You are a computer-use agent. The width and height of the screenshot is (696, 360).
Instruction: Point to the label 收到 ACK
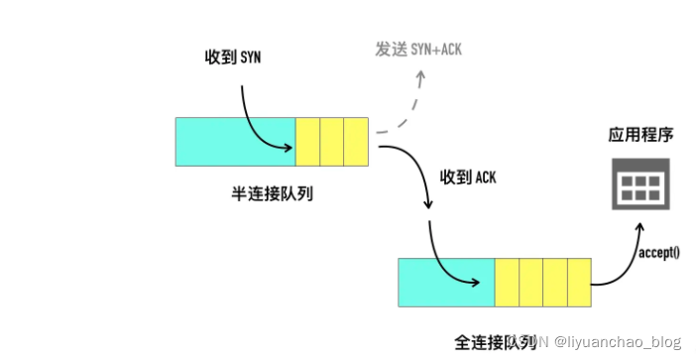[469, 178]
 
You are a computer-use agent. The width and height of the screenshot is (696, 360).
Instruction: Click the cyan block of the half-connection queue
[235, 142]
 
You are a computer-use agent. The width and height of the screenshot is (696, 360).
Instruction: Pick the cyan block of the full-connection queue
[446, 283]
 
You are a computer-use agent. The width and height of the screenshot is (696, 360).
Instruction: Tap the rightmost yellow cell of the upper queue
[356, 142]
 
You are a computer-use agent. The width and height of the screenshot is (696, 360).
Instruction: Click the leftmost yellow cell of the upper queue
[307, 142]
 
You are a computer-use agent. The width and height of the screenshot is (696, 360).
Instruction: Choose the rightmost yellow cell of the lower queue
[580, 283]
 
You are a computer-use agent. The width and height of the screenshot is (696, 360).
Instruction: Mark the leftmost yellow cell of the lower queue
[507, 283]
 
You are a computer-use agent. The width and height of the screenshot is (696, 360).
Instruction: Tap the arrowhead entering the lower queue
[488, 282]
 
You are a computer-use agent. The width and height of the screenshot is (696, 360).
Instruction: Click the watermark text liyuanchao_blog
[618, 342]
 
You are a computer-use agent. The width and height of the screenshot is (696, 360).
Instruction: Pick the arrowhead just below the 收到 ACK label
[428, 205]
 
